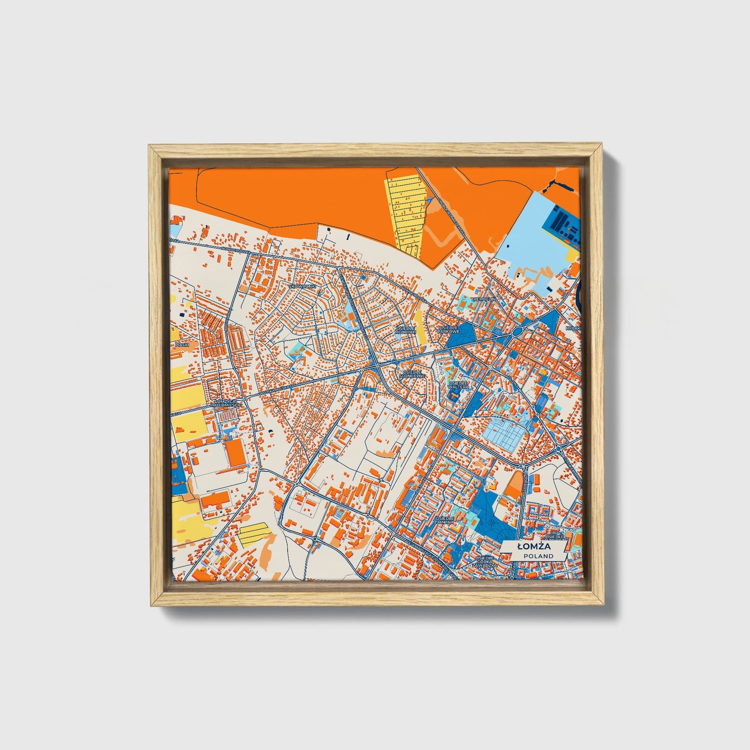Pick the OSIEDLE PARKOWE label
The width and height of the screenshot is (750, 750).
coord(449,330)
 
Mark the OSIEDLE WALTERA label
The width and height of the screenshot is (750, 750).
coord(458,385)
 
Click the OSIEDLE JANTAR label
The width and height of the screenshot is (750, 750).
coord(445,520)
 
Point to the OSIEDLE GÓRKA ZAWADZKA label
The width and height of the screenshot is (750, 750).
coord(484,561)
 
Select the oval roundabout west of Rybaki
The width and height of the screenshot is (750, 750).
coord(517,332)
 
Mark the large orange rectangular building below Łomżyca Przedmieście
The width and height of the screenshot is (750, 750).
coord(236,453)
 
